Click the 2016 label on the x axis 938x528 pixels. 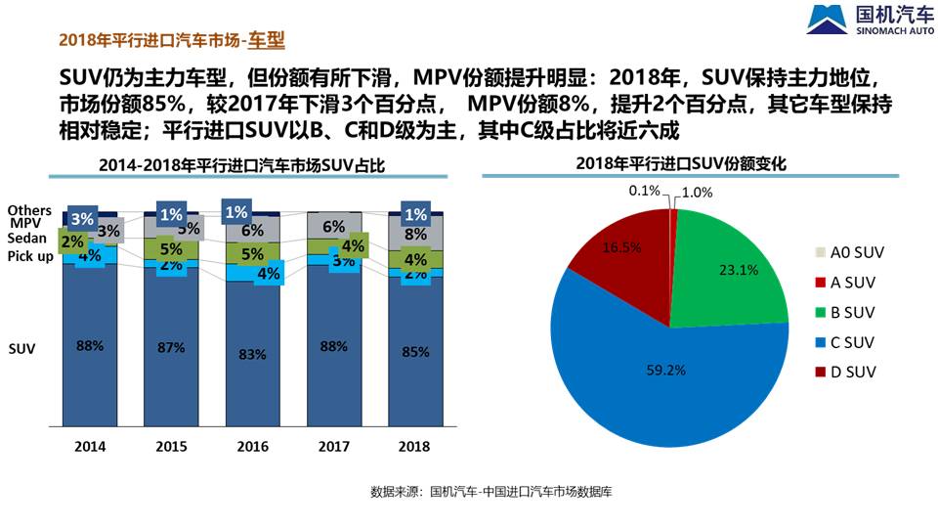(x=252, y=446)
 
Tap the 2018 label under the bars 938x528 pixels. (x=415, y=446)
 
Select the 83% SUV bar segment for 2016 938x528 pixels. (x=252, y=354)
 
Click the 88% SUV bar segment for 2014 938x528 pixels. (x=90, y=345)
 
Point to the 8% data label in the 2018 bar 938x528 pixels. (x=415, y=234)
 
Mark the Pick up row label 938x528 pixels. (x=31, y=256)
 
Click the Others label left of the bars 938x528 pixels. (x=29, y=210)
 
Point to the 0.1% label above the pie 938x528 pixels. (x=645, y=191)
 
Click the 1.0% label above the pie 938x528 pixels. (x=698, y=193)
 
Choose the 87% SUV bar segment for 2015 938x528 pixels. (x=171, y=347)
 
